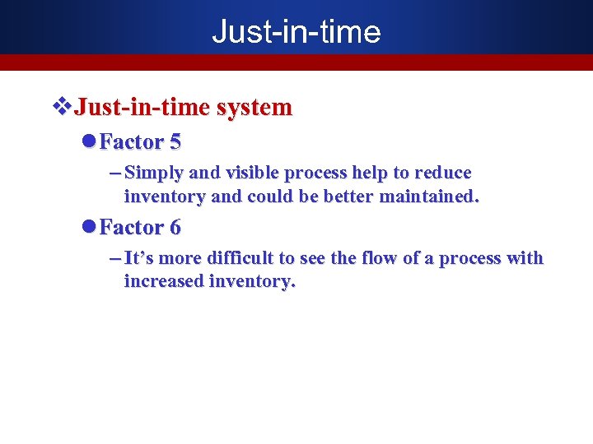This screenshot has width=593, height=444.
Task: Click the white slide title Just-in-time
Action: (x=296, y=31)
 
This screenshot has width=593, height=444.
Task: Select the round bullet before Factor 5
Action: (x=90, y=142)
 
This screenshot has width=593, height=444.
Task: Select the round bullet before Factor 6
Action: (x=90, y=227)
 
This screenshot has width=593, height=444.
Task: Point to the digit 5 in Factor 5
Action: (x=175, y=142)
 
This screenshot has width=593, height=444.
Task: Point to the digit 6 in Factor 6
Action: (x=175, y=227)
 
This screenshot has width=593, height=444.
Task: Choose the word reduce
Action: (x=443, y=173)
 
